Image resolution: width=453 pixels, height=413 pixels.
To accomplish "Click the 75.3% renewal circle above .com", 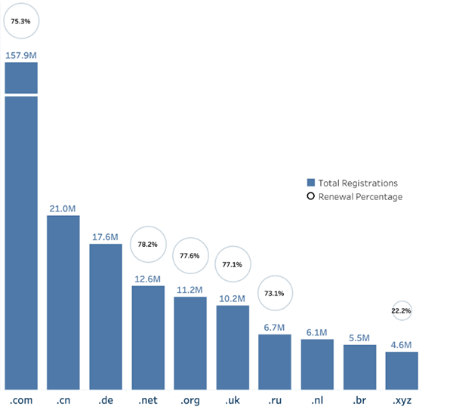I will point(21,22).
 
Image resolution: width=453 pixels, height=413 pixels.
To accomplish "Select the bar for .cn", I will point(63,302).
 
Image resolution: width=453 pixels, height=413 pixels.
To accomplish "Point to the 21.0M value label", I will point(63,208).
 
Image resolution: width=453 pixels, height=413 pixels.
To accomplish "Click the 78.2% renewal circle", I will point(148,244).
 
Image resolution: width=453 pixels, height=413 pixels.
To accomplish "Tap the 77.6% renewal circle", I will point(190,255).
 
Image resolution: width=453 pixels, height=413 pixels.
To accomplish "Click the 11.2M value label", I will point(190,289).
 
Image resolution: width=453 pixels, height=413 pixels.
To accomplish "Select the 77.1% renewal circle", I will point(233,264).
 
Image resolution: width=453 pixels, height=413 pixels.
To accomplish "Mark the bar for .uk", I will point(233,347).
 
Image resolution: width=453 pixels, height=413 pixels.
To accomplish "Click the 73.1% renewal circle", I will point(275,293).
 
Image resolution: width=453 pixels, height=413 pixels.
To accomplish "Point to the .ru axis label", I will point(275,399).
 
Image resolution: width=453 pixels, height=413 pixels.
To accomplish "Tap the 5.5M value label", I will point(359,337).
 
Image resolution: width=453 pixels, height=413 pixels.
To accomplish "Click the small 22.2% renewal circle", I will point(402,310).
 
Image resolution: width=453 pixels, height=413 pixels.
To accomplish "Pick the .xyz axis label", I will point(402,399).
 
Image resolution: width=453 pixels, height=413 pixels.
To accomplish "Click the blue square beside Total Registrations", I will point(310,183).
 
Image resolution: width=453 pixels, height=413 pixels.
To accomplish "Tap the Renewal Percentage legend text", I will point(360,196).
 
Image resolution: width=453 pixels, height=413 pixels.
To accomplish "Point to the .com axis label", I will point(21,399).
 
